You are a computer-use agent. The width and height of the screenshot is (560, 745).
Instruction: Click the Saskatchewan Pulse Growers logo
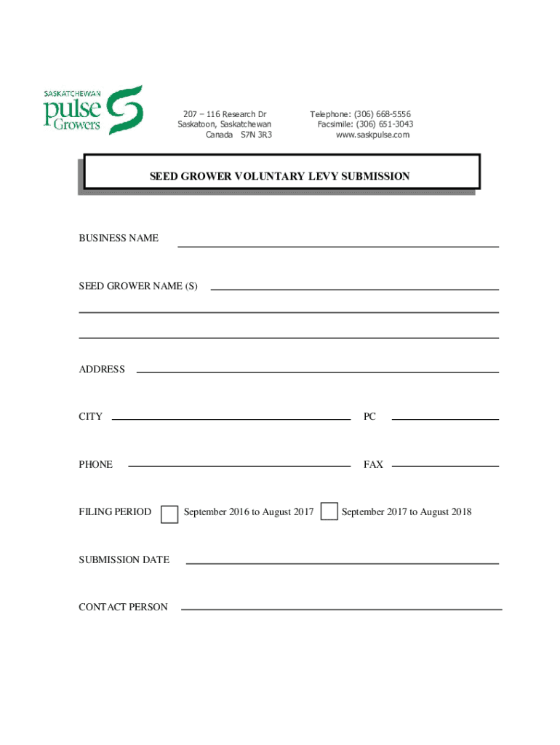[x=93, y=111]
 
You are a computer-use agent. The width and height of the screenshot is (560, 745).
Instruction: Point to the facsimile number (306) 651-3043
[x=386, y=124]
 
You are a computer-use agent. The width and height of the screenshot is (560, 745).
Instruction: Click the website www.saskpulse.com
[x=372, y=135]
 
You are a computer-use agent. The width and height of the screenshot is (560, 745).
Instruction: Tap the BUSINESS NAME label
[x=119, y=238]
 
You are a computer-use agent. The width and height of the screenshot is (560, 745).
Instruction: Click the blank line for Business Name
[x=338, y=242]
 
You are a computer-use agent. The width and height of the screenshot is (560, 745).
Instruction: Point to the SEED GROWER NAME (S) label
[x=138, y=286]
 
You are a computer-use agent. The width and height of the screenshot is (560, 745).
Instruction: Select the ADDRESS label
[x=102, y=369]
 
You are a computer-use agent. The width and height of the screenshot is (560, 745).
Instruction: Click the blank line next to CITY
[x=231, y=415]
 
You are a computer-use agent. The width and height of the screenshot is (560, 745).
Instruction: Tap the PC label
[x=369, y=417]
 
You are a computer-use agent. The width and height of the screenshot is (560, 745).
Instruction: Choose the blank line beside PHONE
[x=239, y=461]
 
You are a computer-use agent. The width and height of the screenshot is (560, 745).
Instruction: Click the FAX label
[x=373, y=464]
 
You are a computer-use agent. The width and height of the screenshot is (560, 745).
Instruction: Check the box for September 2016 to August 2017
[x=169, y=514]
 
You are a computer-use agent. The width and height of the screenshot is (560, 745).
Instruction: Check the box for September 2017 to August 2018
[x=329, y=511]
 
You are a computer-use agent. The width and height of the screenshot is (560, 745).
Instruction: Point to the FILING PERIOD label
[x=115, y=511]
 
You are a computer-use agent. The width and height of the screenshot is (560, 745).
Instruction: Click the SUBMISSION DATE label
[x=124, y=559]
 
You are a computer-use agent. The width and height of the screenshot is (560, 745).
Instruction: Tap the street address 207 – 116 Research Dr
[x=225, y=115]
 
